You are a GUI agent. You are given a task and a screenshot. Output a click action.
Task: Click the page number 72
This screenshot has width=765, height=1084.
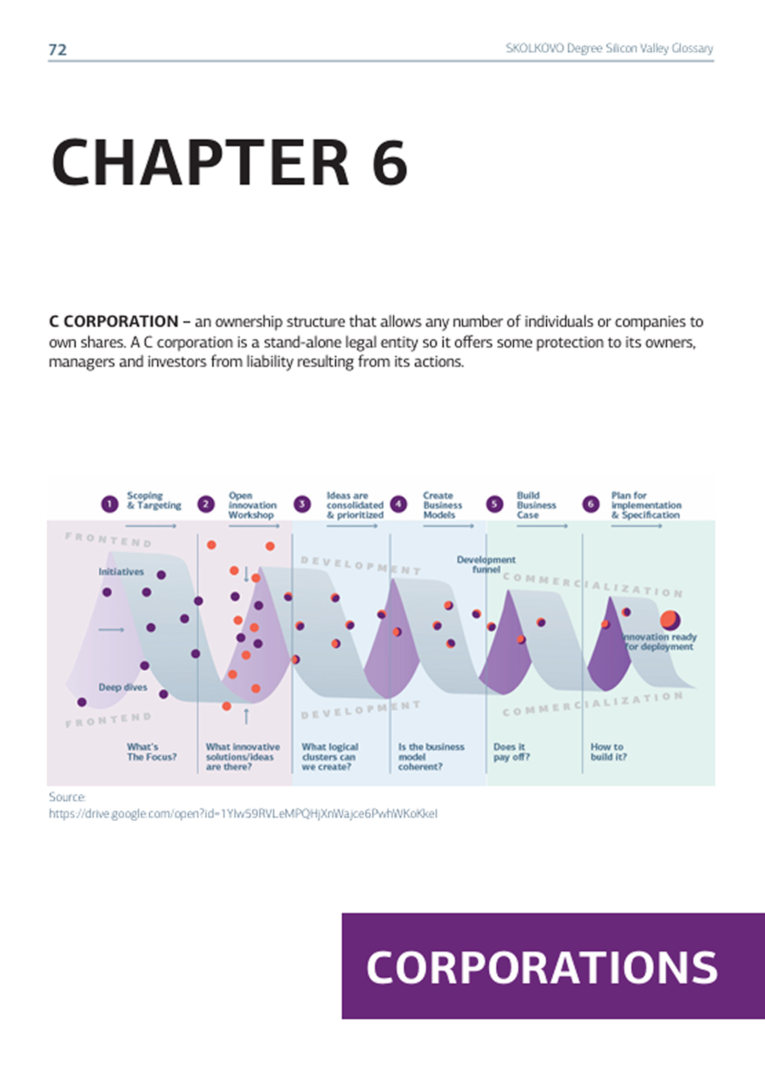[58, 50]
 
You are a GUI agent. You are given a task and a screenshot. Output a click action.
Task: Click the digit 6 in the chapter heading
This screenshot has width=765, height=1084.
[390, 163]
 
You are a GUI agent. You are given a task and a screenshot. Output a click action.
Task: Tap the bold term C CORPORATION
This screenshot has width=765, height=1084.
[114, 322]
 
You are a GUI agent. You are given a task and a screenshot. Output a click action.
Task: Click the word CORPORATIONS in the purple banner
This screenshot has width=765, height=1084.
[542, 967]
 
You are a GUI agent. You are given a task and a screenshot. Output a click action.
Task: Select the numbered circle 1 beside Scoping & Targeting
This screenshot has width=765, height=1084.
[110, 504]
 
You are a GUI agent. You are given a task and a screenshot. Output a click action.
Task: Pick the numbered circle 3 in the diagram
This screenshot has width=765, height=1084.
[302, 504]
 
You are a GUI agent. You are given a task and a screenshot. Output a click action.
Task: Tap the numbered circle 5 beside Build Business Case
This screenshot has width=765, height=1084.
[494, 504]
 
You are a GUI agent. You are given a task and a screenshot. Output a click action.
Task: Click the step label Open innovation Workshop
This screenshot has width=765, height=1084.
[252, 505]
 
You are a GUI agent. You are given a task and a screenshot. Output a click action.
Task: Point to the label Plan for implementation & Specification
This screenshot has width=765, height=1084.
[646, 505]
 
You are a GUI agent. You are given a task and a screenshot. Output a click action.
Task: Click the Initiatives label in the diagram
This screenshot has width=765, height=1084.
[121, 572]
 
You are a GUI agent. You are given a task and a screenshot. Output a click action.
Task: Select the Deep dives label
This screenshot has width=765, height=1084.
[123, 687]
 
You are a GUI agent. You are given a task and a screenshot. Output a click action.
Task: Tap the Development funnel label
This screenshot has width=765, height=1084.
[486, 564]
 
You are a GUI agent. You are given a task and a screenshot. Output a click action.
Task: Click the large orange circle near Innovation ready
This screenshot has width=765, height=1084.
[670, 620]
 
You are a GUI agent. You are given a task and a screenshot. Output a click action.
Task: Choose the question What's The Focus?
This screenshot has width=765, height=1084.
[152, 752]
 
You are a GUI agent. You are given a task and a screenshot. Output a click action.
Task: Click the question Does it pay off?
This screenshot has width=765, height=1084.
[511, 752]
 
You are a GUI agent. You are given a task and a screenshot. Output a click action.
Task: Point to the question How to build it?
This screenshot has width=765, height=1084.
[608, 752]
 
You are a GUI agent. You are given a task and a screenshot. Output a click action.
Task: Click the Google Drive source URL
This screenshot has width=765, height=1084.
[243, 814]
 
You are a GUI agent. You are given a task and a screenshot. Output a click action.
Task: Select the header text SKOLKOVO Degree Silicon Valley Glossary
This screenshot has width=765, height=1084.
[609, 48]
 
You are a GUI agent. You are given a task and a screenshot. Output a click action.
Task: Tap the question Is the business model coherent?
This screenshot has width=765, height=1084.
[431, 756]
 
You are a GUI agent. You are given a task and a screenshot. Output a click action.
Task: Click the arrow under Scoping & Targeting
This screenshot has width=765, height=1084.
[152, 526]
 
